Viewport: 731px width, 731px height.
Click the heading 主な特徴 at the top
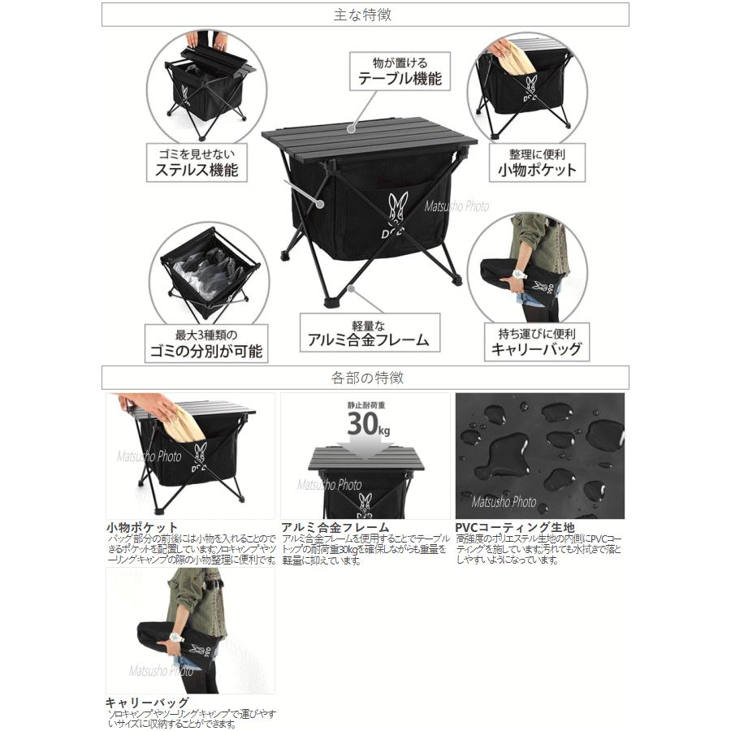365,15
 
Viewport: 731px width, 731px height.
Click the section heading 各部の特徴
365,378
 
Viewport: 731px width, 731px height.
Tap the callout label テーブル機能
401,79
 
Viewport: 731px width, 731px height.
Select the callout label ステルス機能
197,170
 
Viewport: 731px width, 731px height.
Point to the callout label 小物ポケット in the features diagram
537,170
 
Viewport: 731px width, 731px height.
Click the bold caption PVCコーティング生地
516,527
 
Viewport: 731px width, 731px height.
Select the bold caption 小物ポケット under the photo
142,527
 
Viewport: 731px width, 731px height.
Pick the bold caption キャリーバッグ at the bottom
147,703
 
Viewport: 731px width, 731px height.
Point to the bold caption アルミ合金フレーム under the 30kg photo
333,527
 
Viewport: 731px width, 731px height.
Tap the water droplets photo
540,455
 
